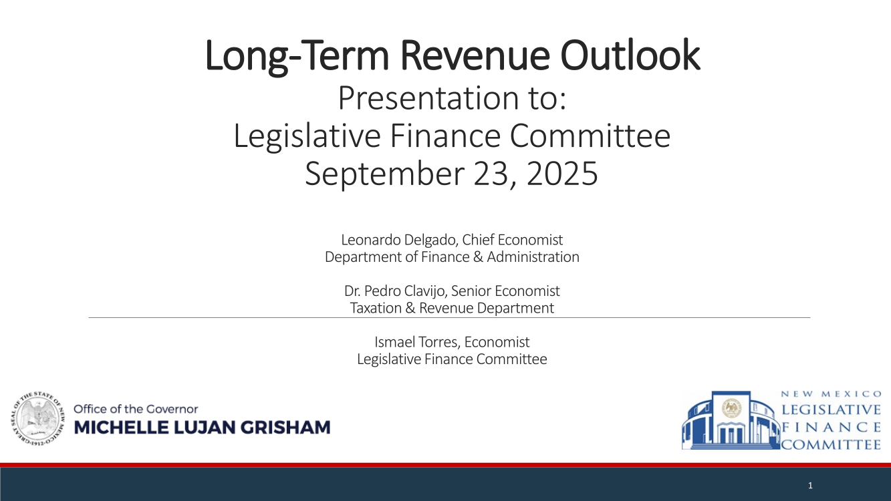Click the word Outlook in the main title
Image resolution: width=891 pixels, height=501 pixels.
tap(630, 55)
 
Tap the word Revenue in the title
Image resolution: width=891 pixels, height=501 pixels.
tap(475, 55)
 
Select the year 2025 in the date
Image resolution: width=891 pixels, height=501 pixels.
tap(562, 173)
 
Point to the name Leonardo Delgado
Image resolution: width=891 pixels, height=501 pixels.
tap(400, 240)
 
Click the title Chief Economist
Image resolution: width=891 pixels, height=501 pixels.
tap(512, 240)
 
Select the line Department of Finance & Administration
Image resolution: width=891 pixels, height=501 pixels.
tap(452, 257)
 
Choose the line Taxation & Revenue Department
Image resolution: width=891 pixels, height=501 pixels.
tap(452, 308)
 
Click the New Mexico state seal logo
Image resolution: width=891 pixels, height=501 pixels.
tap(38, 418)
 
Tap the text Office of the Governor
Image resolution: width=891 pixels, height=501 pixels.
tap(136, 409)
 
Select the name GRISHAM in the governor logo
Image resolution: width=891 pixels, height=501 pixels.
tap(285, 428)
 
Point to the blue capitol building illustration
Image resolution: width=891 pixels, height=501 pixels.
tap(731, 420)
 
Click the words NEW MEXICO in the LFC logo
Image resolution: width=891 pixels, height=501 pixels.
tap(831, 394)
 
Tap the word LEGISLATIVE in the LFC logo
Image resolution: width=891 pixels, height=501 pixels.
tap(831, 409)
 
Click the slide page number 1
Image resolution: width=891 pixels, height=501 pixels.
tap(810, 486)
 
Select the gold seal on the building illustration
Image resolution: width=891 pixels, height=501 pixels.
tap(731, 408)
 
